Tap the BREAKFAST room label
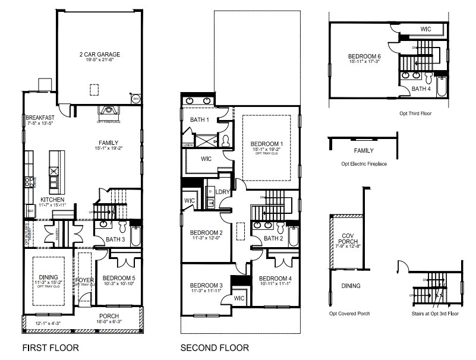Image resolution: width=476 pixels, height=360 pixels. click(40, 118)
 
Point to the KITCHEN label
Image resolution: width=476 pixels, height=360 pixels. click(52, 200)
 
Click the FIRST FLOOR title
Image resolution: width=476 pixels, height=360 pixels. click(50, 348)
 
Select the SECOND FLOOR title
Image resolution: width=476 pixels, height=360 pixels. click(215, 348)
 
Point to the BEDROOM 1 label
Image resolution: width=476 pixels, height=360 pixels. click(267, 144)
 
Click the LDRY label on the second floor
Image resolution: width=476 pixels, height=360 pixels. click(223, 192)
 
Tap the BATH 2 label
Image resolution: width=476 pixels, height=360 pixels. click(273, 238)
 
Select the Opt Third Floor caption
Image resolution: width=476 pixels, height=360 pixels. click(416, 112)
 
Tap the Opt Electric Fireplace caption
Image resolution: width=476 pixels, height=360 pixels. click(364, 163)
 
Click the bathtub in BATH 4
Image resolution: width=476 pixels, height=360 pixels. click(440, 86)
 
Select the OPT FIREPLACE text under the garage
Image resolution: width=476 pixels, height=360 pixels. click(108, 122)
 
